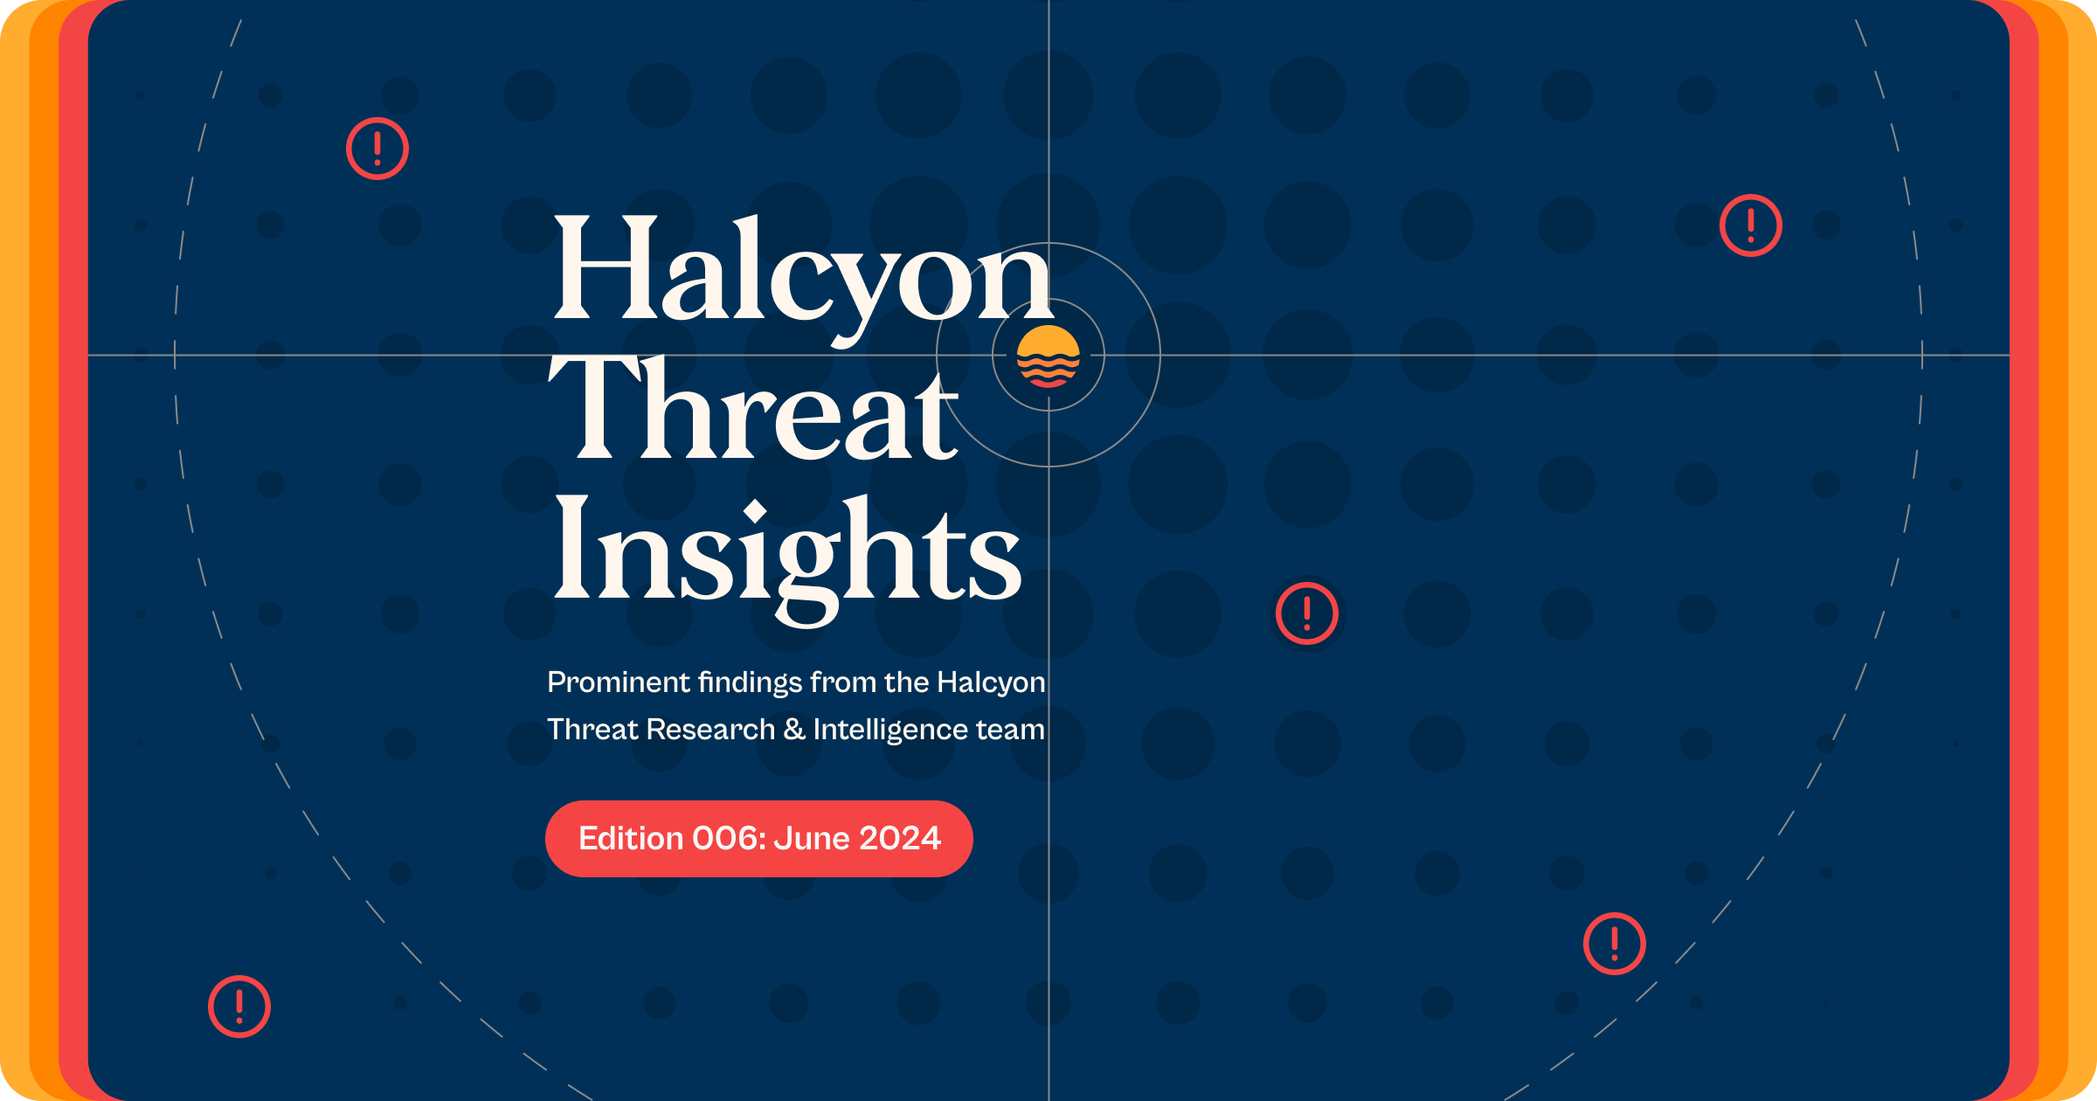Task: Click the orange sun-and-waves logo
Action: (1048, 356)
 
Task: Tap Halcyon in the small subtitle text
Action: (991, 682)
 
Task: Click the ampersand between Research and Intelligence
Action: (794, 730)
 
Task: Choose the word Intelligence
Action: (890, 731)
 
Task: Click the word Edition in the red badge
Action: (631, 839)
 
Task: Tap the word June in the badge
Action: (812, 839)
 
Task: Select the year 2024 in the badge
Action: (900, 839)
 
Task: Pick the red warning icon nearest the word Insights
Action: (1306, 613)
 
